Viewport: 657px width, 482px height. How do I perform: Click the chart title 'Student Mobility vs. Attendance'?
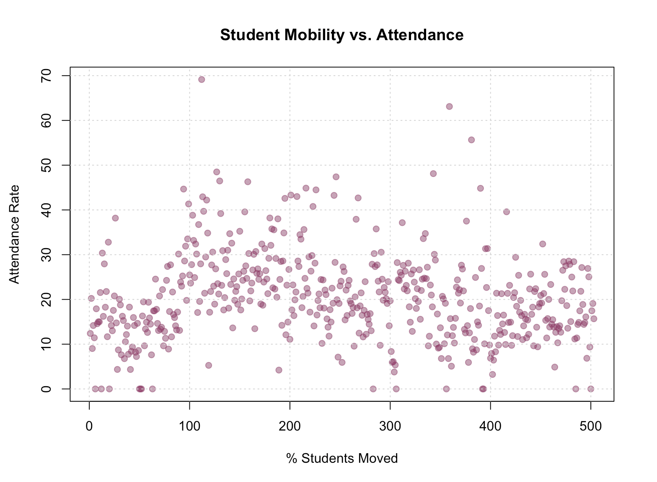click(341, 35)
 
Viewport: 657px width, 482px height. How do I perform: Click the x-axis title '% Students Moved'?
click(342, 459)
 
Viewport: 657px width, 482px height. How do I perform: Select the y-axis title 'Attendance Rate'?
click(15, 234)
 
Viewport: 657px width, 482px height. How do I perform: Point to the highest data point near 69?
click(202, 79)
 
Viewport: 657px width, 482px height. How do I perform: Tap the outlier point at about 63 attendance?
click(449, 106)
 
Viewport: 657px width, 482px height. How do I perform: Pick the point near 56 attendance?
click(471, 140)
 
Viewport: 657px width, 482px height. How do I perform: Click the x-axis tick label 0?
click(89, 427)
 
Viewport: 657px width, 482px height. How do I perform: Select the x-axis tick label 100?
click(189, 427)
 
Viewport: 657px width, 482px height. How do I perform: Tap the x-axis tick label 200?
click(290, 427)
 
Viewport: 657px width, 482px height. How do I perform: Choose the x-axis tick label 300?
click(390, 427)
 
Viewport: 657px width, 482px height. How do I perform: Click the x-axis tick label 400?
click(490, 427)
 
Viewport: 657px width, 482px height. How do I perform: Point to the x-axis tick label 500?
click(591, 427)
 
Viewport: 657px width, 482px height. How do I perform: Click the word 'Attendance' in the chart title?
click(420, 35)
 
